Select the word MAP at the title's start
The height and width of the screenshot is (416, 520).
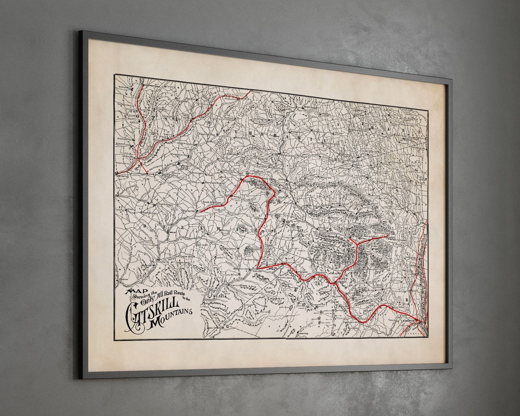134,291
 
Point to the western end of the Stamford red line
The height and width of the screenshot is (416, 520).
200,211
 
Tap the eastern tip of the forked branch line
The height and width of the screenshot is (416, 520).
388,235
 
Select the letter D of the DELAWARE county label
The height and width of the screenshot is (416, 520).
144,224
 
